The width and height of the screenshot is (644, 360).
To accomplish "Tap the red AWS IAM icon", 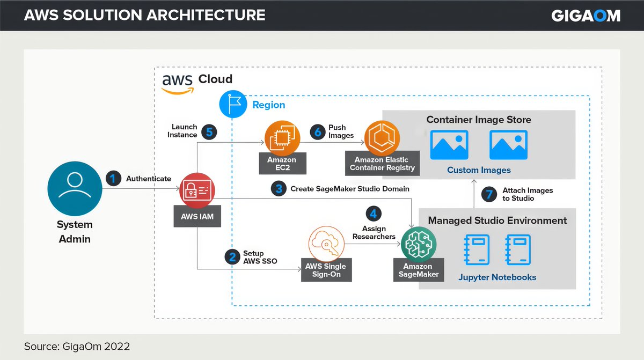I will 197,189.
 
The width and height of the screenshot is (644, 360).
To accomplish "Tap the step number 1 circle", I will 113,179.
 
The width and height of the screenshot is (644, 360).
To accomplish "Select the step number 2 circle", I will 232,257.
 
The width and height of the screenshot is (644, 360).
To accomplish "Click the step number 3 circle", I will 278,189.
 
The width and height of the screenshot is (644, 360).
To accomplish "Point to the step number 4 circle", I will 374,214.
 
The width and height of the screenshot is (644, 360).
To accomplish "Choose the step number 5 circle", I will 209,131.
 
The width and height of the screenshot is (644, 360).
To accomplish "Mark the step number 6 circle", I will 317,131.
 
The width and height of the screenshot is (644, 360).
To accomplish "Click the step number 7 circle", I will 489,194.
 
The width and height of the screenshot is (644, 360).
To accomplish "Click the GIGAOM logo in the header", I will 586,16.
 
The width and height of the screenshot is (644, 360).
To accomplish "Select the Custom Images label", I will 479,170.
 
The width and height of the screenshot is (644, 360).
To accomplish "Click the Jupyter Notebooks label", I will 497,277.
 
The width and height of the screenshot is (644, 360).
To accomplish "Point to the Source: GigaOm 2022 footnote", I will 77,347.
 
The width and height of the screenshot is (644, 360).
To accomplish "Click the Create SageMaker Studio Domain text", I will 350,189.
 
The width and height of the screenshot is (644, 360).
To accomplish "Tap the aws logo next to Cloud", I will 177,83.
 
